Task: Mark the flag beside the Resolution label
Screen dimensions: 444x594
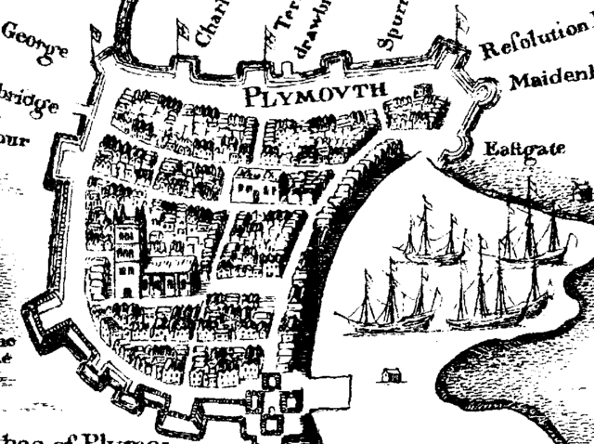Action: click(461, 19)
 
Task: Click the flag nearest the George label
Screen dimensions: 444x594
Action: click(95, 35)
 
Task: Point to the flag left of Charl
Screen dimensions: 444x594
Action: click(182, 27)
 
